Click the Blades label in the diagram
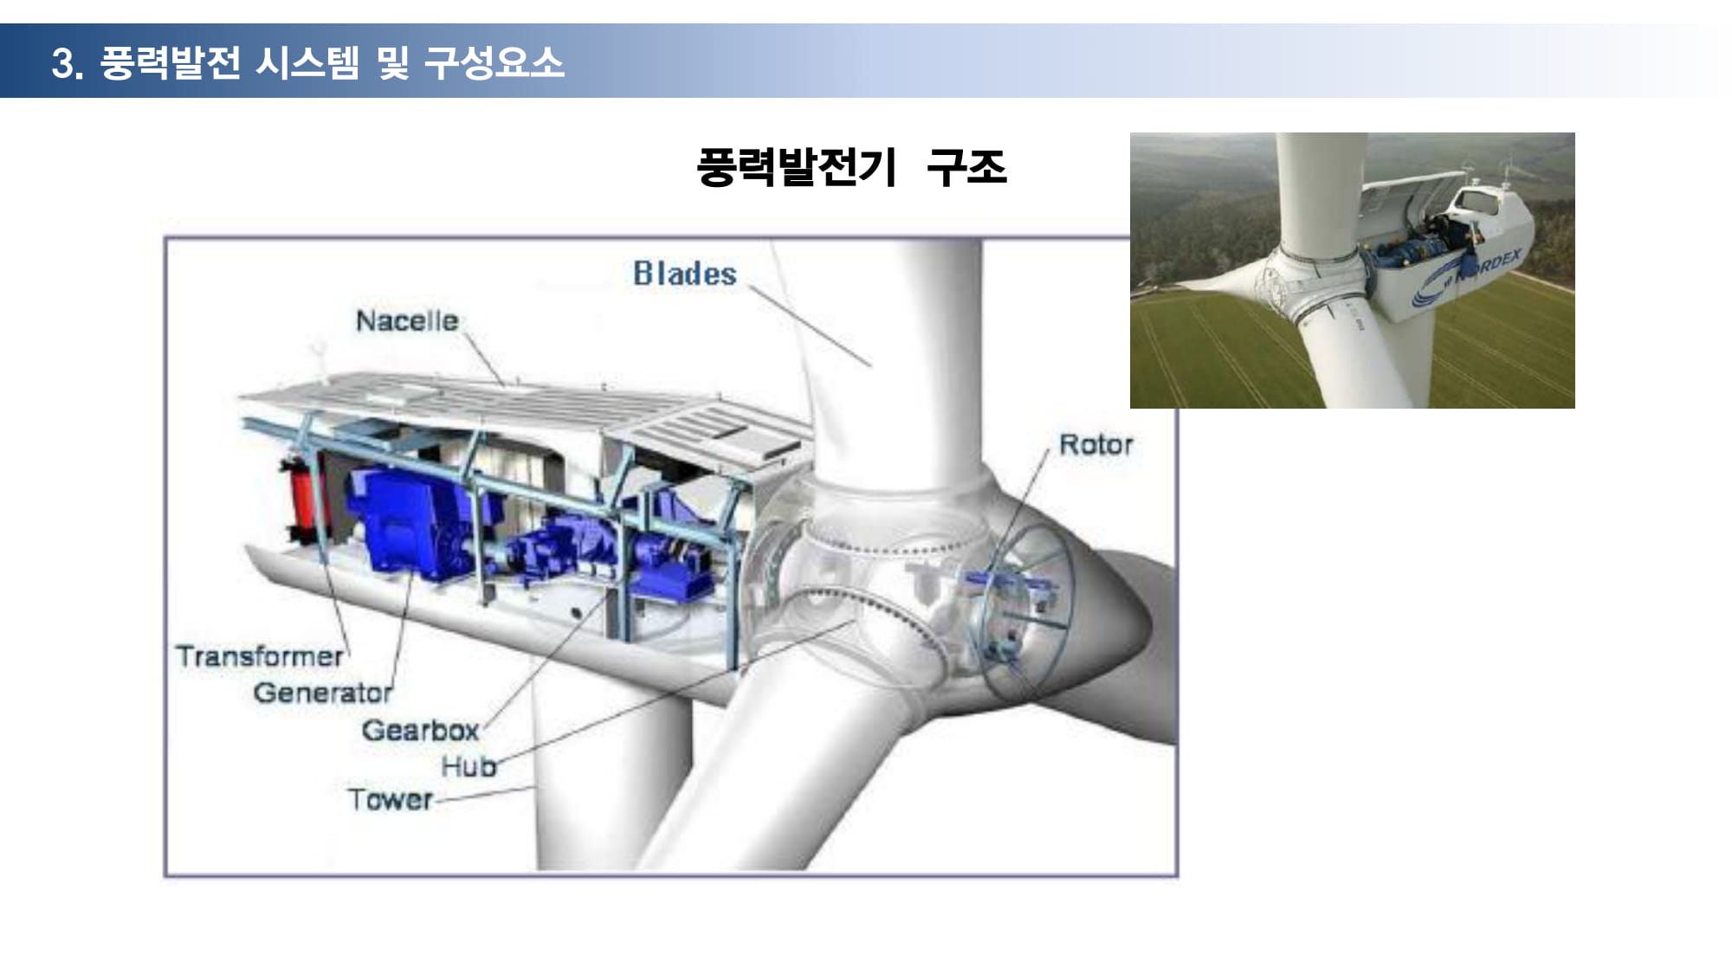(x=685, y=274)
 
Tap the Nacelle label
(x=407, y=321)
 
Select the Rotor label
(x=1096, y=445)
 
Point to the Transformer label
(x=260, y=656)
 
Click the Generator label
(x=323, y=693)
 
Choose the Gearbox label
(x=421, y=730)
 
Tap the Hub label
(x=469, y=766)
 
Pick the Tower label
(x=390, y=799)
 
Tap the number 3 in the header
(x=62, y=63)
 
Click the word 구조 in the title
(x=966, y=167)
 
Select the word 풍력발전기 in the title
(x=796, y=167)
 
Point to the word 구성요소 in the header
(x=494, y=62)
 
